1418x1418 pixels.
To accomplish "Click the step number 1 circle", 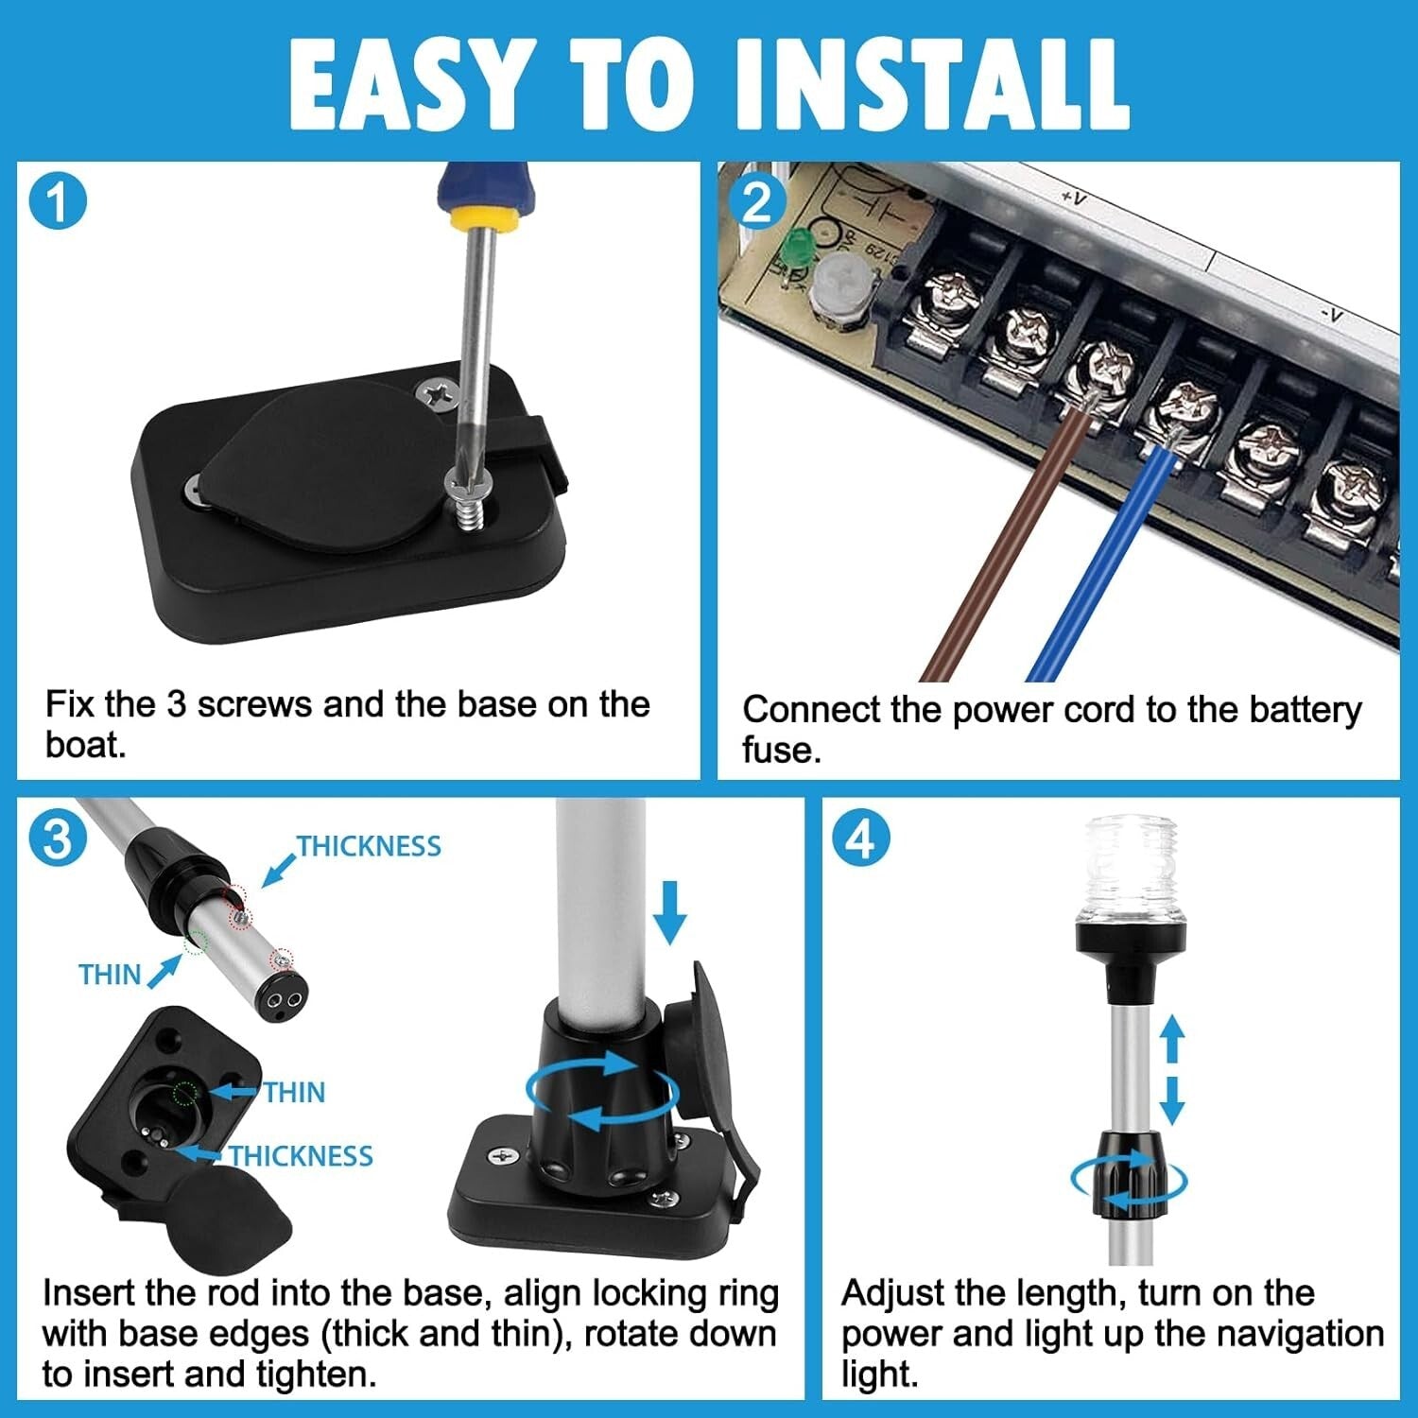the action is (x=58, y=202).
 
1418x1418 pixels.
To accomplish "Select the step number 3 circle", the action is (x=58, y=838).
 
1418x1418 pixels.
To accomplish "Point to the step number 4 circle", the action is (x=860, y=838).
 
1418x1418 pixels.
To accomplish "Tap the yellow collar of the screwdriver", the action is (x=483, y=218).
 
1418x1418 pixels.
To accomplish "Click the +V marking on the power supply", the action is (x=1073, y=198).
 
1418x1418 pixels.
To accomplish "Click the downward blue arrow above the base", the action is (x=669, y=911).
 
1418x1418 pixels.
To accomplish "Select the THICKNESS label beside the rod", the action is (x=369, y=846).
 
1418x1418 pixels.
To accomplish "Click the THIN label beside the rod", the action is (x=110, y=975).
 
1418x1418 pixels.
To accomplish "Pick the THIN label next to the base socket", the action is (x=294, y=1093).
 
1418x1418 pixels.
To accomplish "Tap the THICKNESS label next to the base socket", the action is (x=301, y=1156).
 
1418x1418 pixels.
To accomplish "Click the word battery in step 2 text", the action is (x=1306, y=709).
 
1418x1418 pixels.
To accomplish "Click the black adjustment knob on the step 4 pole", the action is (x=1129, y=1172).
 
